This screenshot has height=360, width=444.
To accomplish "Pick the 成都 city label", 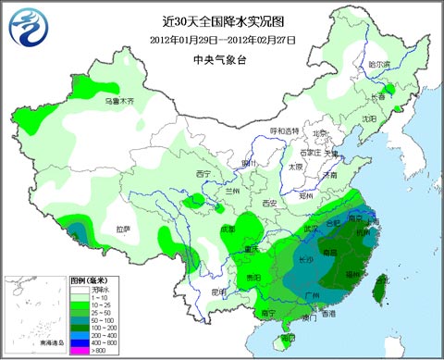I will (x=227, y=229).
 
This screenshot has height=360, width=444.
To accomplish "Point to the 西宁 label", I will (x=204, y=174).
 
